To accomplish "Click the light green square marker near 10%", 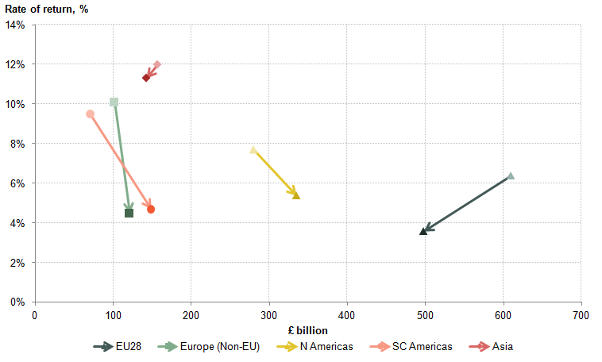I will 114,102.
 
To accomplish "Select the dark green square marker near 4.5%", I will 129,213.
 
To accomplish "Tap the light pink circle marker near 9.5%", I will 90,114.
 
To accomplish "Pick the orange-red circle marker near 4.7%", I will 151,210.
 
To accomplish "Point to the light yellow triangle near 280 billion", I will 253,149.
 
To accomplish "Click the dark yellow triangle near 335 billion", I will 296,195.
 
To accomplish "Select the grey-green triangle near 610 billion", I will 511,175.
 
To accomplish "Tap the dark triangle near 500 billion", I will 423,231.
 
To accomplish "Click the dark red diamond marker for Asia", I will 146,78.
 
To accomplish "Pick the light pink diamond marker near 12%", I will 157,64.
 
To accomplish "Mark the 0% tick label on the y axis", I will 18,302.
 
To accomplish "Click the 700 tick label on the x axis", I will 581,315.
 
